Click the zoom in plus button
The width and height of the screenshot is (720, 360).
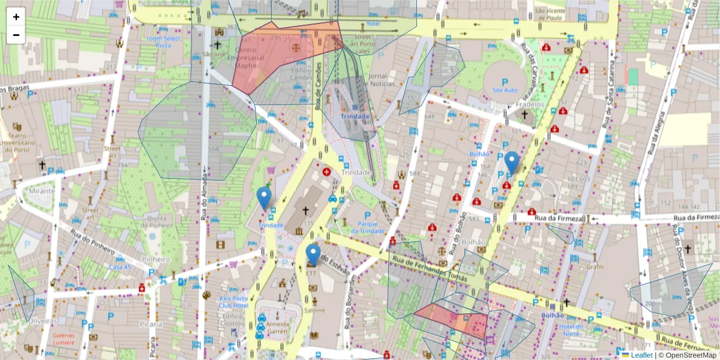[16, 17]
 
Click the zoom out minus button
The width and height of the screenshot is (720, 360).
[16, 35]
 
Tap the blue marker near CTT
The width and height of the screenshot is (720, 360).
[313, 255]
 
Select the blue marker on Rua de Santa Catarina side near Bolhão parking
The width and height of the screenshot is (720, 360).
[511, 163]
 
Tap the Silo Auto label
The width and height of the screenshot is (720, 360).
[505, 90]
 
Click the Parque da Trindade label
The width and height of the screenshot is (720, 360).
[368, 227]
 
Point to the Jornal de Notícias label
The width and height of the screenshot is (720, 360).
[377, 80]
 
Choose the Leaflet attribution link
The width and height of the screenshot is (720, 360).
[641, 355]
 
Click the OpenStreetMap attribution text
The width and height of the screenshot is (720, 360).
[688, 355]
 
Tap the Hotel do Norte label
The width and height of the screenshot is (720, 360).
[572, 330]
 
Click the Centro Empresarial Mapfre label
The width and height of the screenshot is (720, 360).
[250, 58]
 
